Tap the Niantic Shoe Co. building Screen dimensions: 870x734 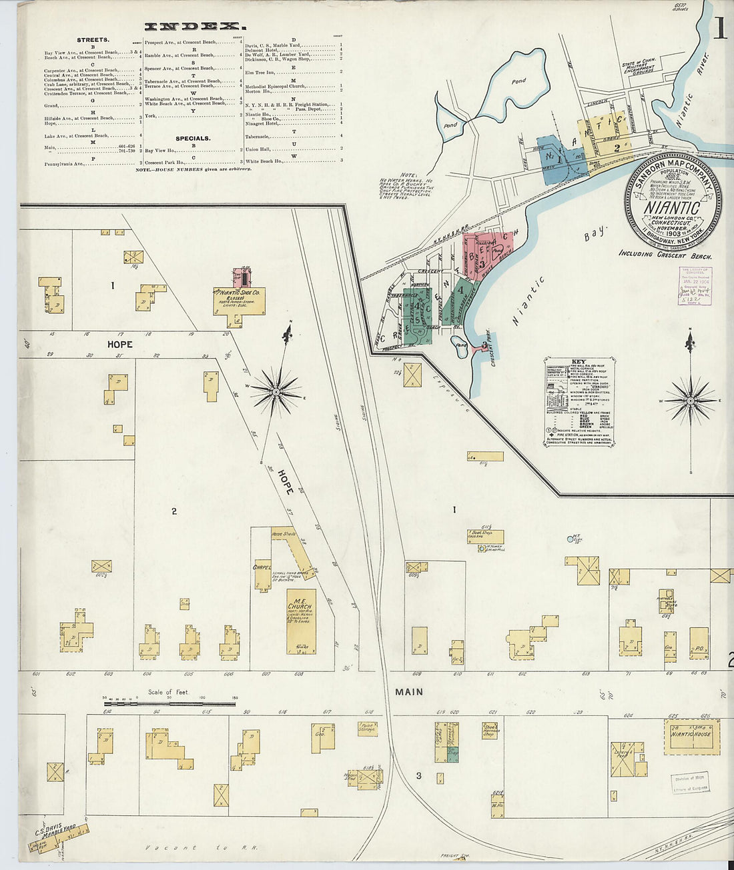239,301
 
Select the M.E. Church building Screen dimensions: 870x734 301,621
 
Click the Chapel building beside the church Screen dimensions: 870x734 262,574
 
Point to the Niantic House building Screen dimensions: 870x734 692,736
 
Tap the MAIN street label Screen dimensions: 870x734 408,692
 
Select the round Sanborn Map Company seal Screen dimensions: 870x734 672,203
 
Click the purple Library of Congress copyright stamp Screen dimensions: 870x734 695,285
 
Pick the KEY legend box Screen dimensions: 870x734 579,401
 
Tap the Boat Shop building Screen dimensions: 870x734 486,537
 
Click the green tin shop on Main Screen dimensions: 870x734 452,754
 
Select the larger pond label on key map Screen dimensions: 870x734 518,81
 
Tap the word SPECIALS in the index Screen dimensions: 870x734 193,139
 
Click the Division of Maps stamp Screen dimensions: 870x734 690,781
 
